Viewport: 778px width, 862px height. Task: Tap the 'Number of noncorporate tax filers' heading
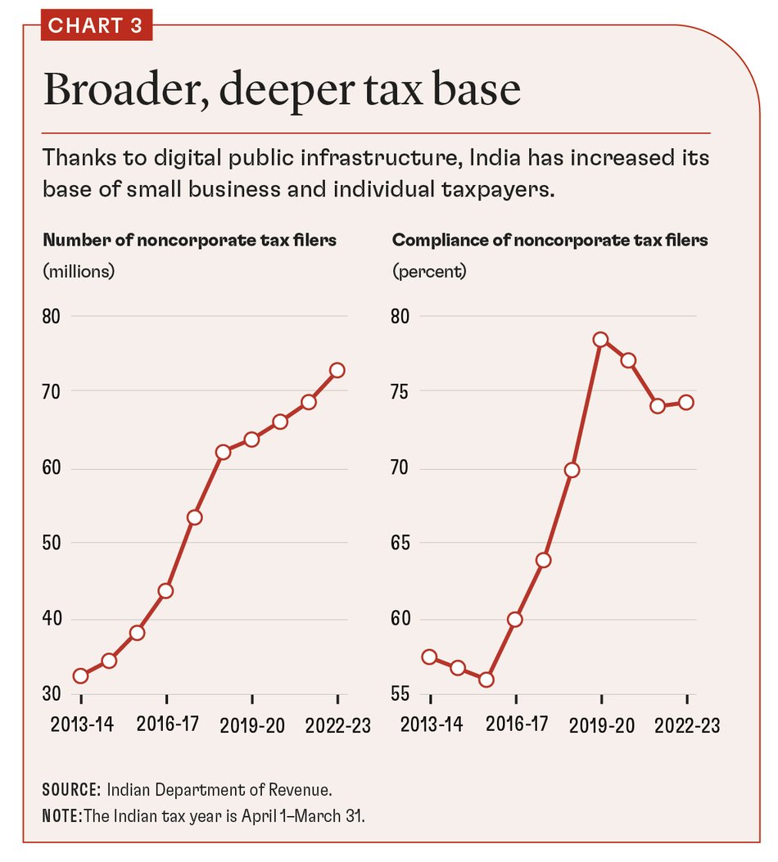(x=189, y=241)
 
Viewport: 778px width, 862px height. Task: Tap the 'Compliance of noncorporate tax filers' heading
(x=550, y=241)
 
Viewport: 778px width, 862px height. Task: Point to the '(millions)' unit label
(x=79, y=271)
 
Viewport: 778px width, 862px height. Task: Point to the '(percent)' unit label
(x=429, y=271)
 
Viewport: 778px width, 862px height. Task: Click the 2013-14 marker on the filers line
(x=80, y=675)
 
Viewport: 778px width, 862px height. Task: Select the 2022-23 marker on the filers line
(x=337, y=370)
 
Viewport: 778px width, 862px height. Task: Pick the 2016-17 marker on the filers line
(x=165, y=590)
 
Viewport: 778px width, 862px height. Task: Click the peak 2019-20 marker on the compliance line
(x=600, y=340)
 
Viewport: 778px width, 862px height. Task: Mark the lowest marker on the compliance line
(x=486, y=679)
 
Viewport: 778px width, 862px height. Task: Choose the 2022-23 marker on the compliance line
(x=686, y=402)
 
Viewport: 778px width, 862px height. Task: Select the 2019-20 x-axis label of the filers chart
(x=251, y=724)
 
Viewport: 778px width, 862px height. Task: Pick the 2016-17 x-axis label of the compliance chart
(x=516, y=724)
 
